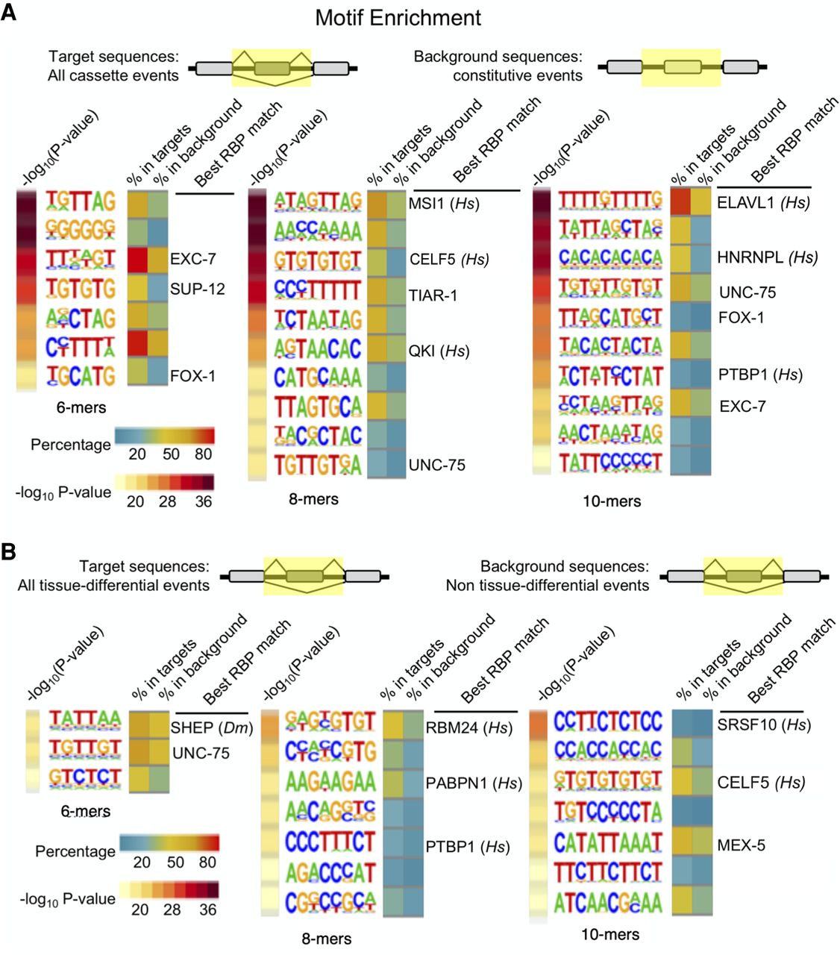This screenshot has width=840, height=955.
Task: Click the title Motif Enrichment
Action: (x=398, y=17)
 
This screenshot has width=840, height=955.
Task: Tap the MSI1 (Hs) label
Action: (x=443, y=203)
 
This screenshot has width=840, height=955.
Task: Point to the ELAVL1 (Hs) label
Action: (x=763, y=202)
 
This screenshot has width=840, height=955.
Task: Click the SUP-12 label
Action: (x=197, y=289)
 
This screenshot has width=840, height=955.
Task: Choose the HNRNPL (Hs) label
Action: (x=768, y=257)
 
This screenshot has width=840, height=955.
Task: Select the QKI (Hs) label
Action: (x=439, y=351)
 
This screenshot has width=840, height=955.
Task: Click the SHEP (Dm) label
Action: (x=212, y=727)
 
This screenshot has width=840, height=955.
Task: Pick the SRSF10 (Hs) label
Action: (x=764, y=724)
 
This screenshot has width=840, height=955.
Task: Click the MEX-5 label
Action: (x=741, y=845)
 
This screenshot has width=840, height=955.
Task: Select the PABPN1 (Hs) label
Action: (x=474, y=783)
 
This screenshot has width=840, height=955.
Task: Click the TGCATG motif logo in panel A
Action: (x=81, y=375)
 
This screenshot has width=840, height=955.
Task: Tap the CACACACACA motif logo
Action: (x=610, y=257)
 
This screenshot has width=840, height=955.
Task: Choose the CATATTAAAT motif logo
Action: (x=607, y=842)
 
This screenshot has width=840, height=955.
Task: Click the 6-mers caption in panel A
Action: (x=81, y=408)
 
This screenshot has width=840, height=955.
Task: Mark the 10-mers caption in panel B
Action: (x=610, y=933)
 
